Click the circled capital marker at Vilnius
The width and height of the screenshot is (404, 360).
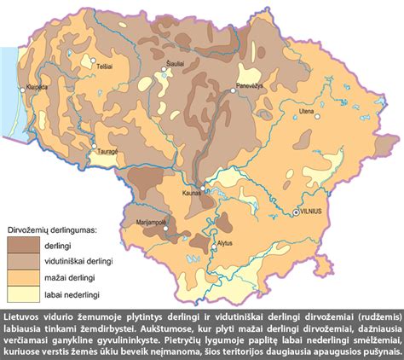tap(296, 211)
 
